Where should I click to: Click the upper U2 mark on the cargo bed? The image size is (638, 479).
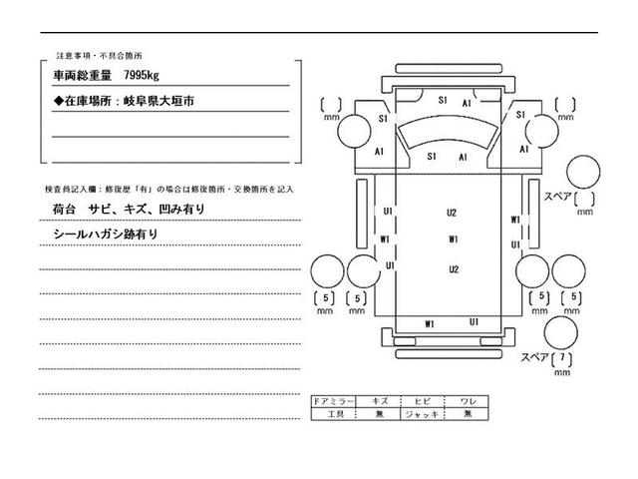[x=452, y=213]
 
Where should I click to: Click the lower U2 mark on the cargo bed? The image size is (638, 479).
[x=453, y=269]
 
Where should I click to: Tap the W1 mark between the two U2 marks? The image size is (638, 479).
[x=453, y=239]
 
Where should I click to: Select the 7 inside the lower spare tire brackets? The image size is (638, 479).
[x=564, y=358]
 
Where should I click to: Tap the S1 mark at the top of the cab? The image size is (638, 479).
[x=443, y=100]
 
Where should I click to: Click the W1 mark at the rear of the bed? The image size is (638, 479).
[x=430, y=323]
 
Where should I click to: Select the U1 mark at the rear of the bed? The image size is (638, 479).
[x=475, y=321]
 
